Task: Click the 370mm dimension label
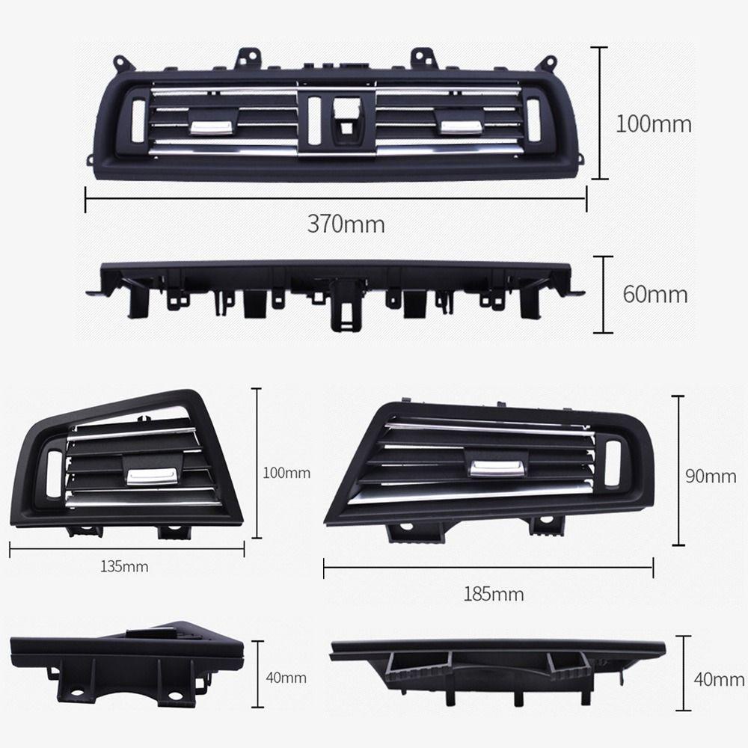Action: (346, 223)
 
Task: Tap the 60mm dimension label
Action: (655, 294)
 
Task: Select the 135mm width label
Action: (124, 566)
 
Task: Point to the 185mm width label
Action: (493, 594)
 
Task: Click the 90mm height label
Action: (711, 476)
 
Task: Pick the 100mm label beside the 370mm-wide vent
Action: (653, 123)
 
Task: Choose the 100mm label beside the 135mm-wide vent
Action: (286, 473)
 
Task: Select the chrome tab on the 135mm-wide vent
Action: (151, 475)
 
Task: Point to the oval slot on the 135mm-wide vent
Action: (54, 474)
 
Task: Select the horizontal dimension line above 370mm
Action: (336, 199)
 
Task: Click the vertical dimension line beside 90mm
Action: (679, 470)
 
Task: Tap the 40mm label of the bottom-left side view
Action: (286, 678)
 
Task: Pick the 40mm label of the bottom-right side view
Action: (718, 679)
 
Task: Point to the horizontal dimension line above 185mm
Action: (488, 568)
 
